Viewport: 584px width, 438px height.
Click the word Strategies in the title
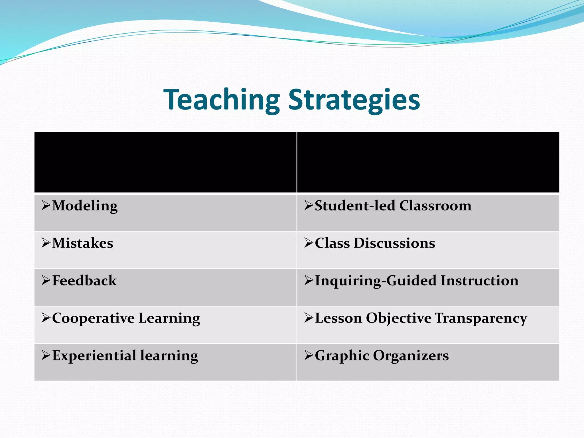(x=354, y=100)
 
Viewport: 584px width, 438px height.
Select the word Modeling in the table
(x=85, y=206)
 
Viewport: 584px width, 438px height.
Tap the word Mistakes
(x=82, y=243)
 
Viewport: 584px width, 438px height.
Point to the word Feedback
(x=84, y=281)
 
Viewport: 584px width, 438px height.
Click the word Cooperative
(x=93, y=318)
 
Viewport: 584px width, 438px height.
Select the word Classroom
(x=435, y=206)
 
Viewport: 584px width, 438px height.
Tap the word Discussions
(x=394, y=243)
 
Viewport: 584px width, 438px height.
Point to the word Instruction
(x=479, y=281)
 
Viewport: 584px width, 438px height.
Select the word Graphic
(x=342, y=356)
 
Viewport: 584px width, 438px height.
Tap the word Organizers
(x=411, y=356)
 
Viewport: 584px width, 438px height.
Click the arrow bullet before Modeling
(x=46, y=205)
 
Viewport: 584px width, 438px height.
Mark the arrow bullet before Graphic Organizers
(x=309, y=355)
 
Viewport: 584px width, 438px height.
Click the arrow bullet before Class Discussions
(x=309, y=243)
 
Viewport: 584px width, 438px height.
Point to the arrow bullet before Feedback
(x=46, y=280)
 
